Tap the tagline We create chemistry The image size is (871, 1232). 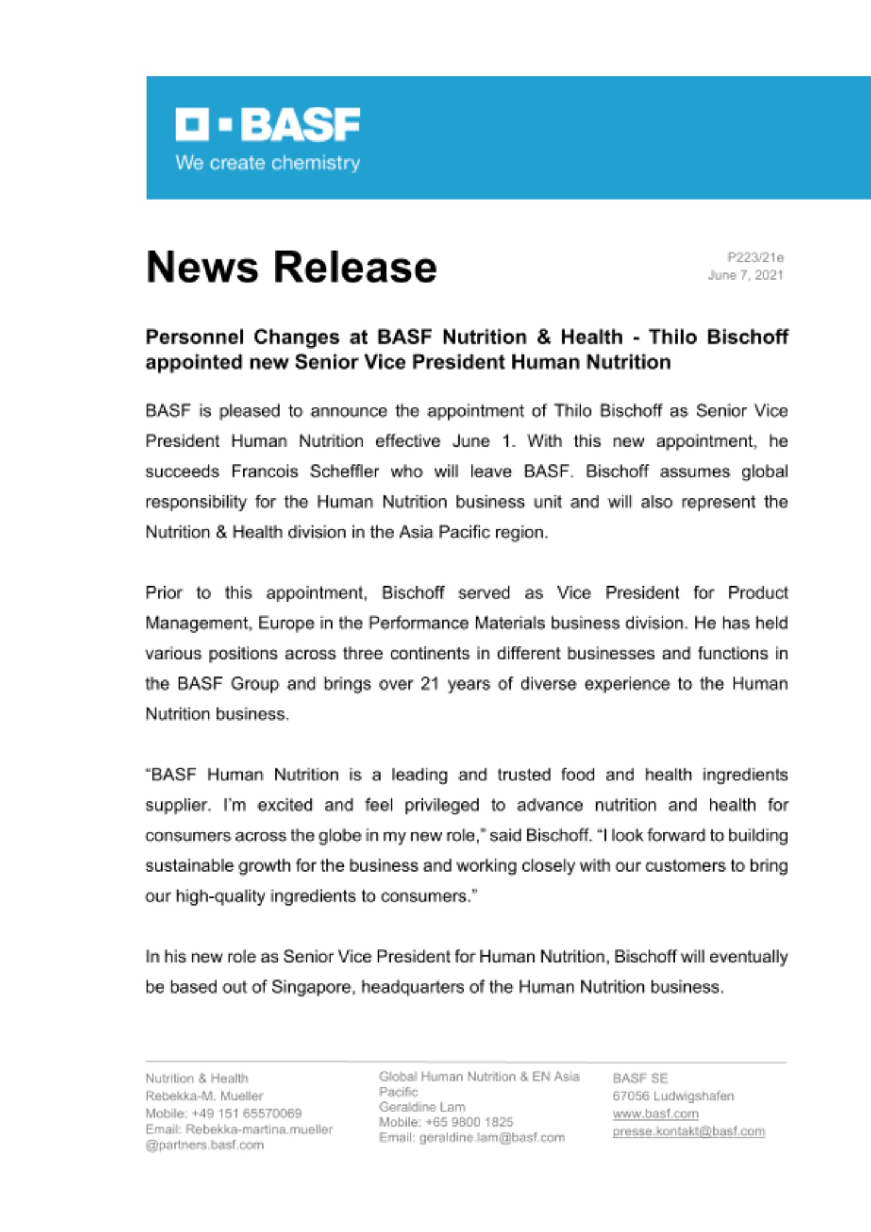coord(267,163)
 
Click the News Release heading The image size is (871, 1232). coord(291,267)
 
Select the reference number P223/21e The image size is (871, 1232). coord(755,257)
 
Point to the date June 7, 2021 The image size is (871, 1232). coord(745,275)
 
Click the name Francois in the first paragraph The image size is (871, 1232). coord(264,471)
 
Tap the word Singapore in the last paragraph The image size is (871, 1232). coord(312,987)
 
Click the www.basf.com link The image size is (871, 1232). coord(655,1114)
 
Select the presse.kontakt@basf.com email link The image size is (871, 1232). coord(688,1131)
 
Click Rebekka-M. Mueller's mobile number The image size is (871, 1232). coord(246,1113)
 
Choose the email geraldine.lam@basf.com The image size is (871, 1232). coord(492,1137)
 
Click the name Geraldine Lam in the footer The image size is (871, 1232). coord(422,1107)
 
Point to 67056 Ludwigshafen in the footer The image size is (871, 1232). coord(673,1096)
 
